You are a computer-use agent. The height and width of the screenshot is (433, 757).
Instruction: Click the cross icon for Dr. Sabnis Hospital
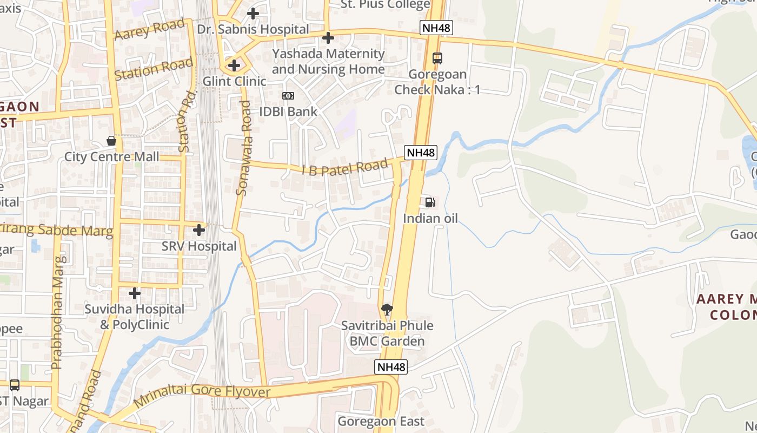tap(253, 14)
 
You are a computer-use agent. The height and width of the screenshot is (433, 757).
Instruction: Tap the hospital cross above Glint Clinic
tap(234, 65)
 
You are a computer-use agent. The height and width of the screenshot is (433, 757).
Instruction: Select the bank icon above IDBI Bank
tap(288, 96)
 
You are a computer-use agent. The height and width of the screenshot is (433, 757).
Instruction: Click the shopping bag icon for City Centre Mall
tap(111, 141)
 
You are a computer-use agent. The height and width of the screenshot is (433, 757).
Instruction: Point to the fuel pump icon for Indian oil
tap(430, 203)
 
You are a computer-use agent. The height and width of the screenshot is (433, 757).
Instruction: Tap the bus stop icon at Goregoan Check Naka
tap(437, 58)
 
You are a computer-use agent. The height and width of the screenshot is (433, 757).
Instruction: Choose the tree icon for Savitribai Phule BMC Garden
tap(387, 310)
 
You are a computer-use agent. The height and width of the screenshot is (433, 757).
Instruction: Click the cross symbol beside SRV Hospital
tap(199, 230)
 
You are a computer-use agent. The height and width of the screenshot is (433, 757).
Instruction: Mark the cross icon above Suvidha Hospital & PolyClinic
tap(135, 293)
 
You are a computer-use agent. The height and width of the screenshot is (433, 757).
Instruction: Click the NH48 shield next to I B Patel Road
tap(421, 153)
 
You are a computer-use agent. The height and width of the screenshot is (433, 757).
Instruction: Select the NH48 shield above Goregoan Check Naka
tap(436, 28)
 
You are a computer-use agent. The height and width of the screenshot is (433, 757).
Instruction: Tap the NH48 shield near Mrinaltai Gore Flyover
tap(391, 367)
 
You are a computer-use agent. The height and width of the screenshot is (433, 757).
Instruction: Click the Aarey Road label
tap(150, 30)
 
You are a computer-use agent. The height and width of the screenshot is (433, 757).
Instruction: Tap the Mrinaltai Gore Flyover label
tap(202, 394)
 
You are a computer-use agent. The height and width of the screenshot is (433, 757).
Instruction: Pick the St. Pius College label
tap(385, 5)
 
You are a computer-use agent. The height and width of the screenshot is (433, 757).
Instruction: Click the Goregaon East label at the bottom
tap(381, 421)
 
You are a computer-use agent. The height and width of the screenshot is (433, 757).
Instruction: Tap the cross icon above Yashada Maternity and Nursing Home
tap(328, 38)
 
